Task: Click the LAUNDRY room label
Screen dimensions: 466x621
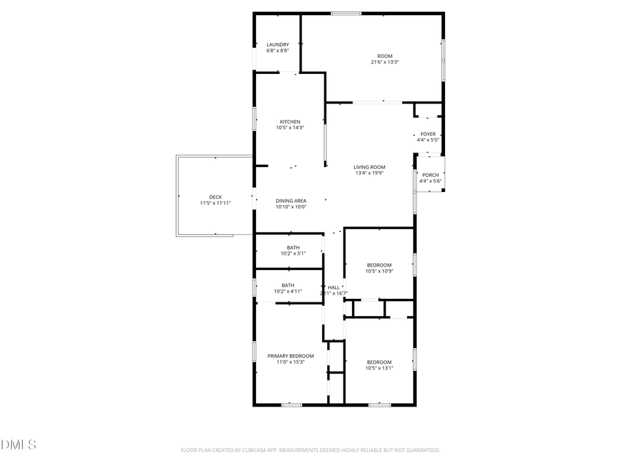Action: [x=277, y=45]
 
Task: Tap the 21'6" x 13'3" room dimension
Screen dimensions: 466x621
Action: [x=384, y=62]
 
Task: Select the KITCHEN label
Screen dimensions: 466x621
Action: [x=290, y=122]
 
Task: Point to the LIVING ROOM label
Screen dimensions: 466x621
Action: [x=369, y=167]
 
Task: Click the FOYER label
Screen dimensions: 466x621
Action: [x=428, y=134]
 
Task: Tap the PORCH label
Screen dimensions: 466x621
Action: [x=430, y=175]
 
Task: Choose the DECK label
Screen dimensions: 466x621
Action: [x=215, y=197]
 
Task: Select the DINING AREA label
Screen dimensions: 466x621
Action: [x=290, y=201]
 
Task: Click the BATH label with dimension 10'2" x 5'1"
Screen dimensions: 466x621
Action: [x=293, y=248]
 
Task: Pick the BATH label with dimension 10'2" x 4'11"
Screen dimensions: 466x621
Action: [x=288, y=285]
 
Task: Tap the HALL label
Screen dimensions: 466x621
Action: [x=334, y=287]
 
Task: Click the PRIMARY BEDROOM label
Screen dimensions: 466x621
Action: [x=290, y=356]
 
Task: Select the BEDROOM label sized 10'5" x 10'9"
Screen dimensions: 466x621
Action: [x=379, y=265]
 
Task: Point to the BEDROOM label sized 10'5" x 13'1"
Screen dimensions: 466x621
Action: [x=379, y=362]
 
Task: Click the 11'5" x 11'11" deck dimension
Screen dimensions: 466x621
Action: [x=215, y=203]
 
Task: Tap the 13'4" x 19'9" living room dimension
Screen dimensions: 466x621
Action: [x=369, y=173]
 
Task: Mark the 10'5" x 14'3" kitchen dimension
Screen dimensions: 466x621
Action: [x=290, y=128]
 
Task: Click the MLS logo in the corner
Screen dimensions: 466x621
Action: [x=19, y=444]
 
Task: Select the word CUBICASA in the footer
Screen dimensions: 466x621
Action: [x=250, y=450]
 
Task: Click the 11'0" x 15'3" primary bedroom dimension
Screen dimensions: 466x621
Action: [x=290, y=362]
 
